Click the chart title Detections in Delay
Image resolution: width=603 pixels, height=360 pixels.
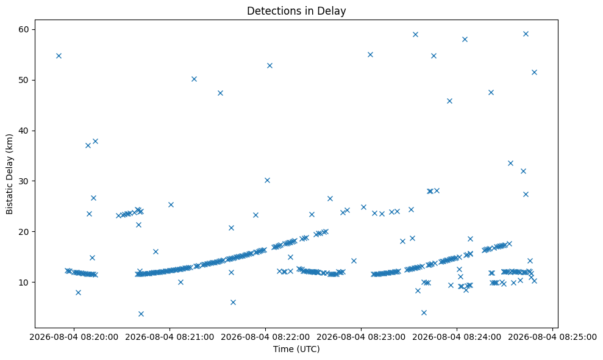(x=296, y=11)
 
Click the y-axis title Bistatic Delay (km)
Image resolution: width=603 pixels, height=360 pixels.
(x=10, y=174)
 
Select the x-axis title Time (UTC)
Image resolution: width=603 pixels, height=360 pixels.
(x=296, y=349)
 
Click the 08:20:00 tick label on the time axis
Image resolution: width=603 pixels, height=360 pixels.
(x=74, y=337)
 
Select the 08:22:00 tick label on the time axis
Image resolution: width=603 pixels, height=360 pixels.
(x=265, y=337)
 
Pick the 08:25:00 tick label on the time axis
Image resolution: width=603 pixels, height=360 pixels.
(x=552, y=337)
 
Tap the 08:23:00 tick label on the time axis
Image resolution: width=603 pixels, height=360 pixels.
(x=361, y=337)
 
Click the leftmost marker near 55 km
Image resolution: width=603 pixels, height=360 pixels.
(x=59, y=56)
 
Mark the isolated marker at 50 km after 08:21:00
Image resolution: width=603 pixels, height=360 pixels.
(x=194, y=79)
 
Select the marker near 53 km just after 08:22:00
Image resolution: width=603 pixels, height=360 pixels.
(x=269, y=65)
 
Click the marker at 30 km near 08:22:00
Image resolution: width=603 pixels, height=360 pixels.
(x=267, y=180)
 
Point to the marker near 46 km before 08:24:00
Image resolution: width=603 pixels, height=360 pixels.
(x=449, y=101)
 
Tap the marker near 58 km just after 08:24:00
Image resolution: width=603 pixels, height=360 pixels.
(x=465, y=39)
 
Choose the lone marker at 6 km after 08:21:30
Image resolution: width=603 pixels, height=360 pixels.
(x=233, y=302)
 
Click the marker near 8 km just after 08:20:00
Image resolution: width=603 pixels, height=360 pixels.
(x=78, y=293)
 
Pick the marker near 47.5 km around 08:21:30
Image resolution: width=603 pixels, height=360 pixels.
(x=220, y=93)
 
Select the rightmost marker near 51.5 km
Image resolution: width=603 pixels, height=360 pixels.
(x=534, y=73)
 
